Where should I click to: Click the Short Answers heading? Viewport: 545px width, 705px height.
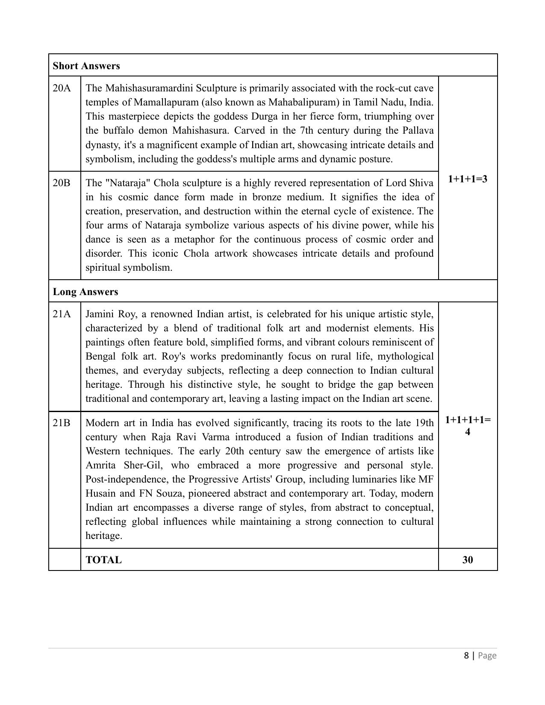[x=86, y=66]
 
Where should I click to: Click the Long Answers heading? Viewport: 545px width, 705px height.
[x=85, y=292]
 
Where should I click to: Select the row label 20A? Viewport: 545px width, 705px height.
[x=62, y=88]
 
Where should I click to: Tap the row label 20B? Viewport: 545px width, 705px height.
[x=62, y=183]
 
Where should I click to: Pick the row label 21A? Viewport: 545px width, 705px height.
[x=62, y=314]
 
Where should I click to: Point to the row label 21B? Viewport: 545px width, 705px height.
[x=62, y=423]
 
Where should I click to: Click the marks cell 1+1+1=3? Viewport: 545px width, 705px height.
[x=468, y=178]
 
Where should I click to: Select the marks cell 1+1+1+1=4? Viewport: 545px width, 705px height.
[x=468, y=425]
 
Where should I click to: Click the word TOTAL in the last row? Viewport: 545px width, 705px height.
[x=103, y=560]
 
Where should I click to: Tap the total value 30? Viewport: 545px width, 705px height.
[x=468, y=560]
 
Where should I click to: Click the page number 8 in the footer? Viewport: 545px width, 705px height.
[x=466, y=655]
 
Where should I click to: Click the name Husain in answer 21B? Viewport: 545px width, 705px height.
[x=100, y=493]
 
